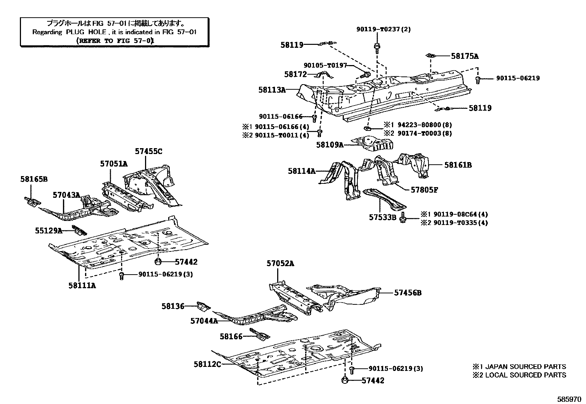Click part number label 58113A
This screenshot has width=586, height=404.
click(272, 89)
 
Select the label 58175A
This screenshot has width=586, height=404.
click(465, 56)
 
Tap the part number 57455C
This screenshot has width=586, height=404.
click(148, 151)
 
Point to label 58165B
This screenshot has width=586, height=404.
click(34, 179)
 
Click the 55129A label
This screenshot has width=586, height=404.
click(49, 230)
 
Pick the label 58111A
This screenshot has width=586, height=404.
click(82, 285)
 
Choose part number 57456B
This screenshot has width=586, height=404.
click(408, 293)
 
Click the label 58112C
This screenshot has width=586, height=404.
click(208, 364)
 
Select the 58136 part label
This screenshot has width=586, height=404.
click(173, 305)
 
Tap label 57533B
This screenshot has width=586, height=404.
click(382, 218)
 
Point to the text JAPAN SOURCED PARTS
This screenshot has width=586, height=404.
click(526, 367)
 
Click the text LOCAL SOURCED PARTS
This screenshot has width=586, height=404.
click(526, 375)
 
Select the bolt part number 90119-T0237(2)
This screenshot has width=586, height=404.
click(383, 29)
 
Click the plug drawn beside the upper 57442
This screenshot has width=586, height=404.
click(158, 262)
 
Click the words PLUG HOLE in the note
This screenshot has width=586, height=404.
click(87, 32)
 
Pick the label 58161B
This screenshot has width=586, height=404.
click(458, 165)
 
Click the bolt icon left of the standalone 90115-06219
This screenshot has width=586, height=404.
click(478, 79)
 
